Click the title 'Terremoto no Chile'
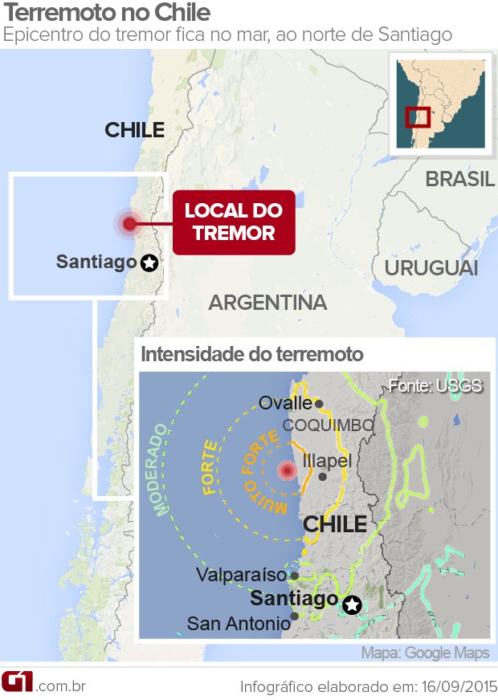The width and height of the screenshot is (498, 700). click(x=108, y=14)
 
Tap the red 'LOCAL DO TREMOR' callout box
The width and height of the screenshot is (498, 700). click(x=233, y=222)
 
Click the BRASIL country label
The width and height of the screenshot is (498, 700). click(x=460, y=179)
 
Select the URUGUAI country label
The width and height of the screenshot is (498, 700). click(x=431, y=268)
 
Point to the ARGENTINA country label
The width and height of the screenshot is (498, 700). click(x=267, y=303)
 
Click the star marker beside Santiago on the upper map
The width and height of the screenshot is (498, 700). click(x=149, y=262)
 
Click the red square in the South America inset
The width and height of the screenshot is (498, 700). click(x=418, y=116)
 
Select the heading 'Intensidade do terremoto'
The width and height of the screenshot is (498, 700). click(x=252, y=354)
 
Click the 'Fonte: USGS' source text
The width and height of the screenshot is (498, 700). click(x=435, y=385)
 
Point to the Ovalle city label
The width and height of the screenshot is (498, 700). click(x=285, y=403)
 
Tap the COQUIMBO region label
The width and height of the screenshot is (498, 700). click(x=328, y=425)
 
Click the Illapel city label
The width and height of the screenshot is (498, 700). click(x=328, y=462)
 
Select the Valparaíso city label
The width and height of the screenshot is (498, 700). click(x=241, y=575)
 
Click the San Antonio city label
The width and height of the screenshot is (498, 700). click(x=239, y=623)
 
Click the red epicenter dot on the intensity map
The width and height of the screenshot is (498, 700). click(x=287, y=470)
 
